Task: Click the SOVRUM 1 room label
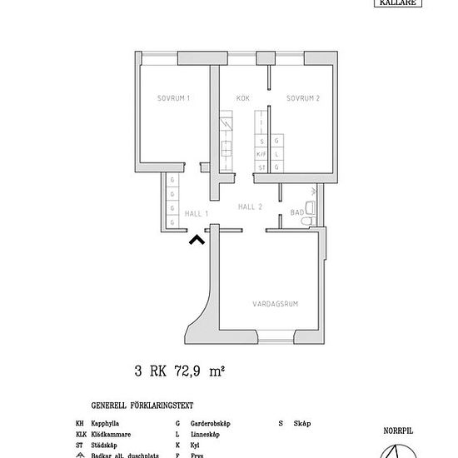pyautogui.click(x=174, y=98)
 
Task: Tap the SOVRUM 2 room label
pyautogui.click(x=303, y=98)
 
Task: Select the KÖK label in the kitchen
pyautogui.click(x=243, y=98)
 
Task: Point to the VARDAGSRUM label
pyautogui.click(x=275, y=304)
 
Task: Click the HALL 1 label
pyautogui.click(x=196, y=214)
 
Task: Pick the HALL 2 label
pyautogui.click(x=250, y=207)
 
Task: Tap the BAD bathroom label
pyautogui.click(x=296, y=214)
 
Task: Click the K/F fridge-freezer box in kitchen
pyautogui.click(x=261, y=154)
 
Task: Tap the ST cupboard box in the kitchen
pyautogui.click(x=261, y=167)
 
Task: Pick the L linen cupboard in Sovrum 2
pyautogui.click(x=277, y=154)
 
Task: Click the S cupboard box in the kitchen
pyautogui.click(x=261, y=142)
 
